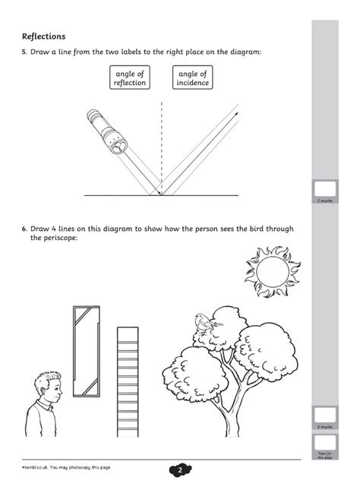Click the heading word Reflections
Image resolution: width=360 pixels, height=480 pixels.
[x=43, y=36]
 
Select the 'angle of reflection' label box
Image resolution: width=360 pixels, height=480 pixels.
[x=129, y=77]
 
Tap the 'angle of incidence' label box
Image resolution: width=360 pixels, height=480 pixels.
[x=192, y=77]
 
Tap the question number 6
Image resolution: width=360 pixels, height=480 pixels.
[x=24, y=228]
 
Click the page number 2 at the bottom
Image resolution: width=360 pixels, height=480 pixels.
[x=181, y=469]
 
